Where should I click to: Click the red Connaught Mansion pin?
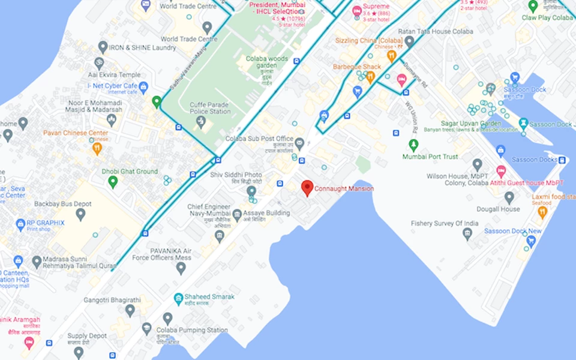pos(307,188)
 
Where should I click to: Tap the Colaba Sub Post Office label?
pos(259,139)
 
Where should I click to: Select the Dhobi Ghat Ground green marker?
pos(113,182)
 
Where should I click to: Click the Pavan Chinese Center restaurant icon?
pos(97,148)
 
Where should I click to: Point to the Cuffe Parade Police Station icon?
pos(201,122)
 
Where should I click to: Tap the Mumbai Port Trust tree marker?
pos(413,145)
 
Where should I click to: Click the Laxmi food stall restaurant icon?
pos(542,211)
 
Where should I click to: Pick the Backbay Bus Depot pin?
pos(80,214)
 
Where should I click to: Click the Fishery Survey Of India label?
pos(445,223)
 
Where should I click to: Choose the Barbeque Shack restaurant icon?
pos(370,77)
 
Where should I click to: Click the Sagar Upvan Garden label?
pos(470,123)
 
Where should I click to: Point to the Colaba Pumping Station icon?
pos(147,328)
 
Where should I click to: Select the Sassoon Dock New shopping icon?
pos(530,242)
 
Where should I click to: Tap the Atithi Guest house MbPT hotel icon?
pos(500,171)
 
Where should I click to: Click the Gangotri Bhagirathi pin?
pos(130,310)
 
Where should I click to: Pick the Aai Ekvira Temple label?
pos(114,75)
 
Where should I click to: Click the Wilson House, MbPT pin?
pos(477,164)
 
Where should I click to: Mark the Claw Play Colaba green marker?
pos(533,7)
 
